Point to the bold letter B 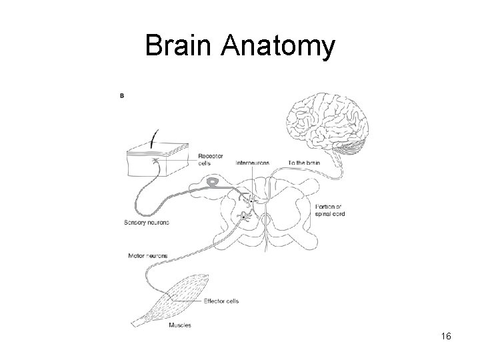(x=121, y=95)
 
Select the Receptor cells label (x=211, y=160)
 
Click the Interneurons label (x=253, y=162)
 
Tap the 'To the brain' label (x=305, y=162)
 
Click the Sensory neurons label (x=147, y=222)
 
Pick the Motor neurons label (x=147, y=255)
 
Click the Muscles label (x=180, y=325)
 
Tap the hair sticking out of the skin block (x=155, y=138)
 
